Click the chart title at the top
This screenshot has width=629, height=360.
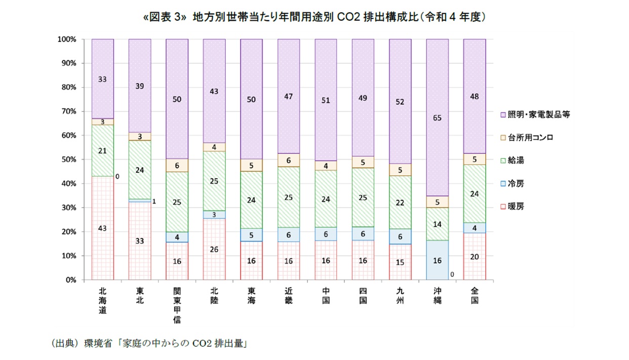coord(314,17)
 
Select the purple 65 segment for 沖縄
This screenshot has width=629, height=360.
coord(437,117)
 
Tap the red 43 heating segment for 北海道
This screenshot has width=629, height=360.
coord(102,228)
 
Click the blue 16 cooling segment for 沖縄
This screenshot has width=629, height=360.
coord(437,260)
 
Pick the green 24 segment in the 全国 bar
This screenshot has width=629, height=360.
coord(475,194)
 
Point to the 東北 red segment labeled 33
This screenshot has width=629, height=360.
coord(139,241)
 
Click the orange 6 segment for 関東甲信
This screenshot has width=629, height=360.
coord(177,165)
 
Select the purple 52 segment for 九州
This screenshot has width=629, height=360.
coord(400,101)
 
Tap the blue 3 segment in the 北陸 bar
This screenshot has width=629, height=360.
coord(214,215)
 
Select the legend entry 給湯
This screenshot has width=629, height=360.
coord(517,161)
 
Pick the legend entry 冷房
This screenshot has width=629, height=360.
coord(517,183)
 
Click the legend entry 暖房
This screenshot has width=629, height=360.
coord(517,207)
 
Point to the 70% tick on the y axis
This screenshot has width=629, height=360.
coord(67,111)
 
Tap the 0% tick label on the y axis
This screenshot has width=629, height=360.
coord(70,279)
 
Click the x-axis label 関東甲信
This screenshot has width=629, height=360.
coord(177,305)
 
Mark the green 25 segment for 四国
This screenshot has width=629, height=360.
coord(363,197)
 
